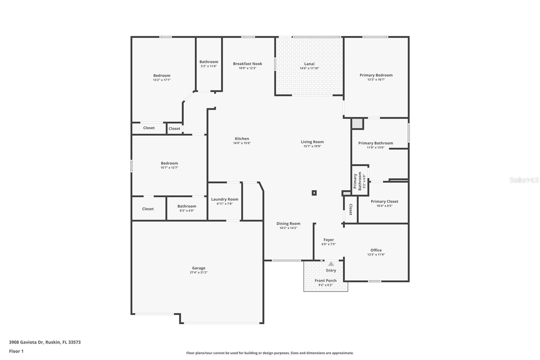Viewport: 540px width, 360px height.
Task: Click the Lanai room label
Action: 309,64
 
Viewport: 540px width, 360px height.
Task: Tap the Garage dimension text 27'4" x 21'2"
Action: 198,273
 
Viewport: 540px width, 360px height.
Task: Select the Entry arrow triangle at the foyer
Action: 331,264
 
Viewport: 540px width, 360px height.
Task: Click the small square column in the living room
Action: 314,193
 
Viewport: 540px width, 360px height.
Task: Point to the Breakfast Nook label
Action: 247,63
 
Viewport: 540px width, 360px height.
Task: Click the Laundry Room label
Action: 225,199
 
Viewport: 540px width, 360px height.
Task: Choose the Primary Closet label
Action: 384,201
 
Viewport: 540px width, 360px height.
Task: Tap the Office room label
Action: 376,250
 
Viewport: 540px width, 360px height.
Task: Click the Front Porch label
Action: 325,281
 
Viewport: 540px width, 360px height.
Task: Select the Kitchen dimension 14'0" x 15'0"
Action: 242,143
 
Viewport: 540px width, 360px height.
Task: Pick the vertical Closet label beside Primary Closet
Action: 351,209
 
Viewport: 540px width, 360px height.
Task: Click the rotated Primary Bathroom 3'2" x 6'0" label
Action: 357,181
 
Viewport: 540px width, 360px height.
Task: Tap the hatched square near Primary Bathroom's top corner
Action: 357,123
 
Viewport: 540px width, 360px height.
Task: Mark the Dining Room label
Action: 288,224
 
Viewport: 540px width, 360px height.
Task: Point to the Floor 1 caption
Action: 16,351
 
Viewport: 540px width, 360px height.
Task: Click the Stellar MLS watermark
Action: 524,180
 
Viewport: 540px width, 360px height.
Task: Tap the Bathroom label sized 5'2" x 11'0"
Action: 209,62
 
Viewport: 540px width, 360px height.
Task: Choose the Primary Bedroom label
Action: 376,75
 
